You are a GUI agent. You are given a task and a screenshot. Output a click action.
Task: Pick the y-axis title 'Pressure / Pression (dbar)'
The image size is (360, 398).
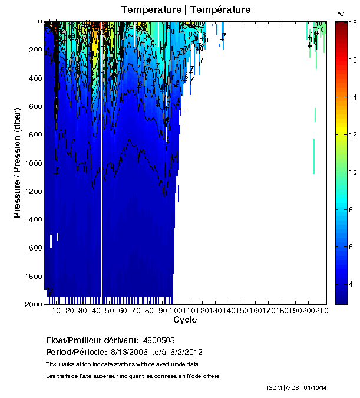pos(17,163)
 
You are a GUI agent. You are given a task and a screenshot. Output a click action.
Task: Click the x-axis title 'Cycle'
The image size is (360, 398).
pos(185,320)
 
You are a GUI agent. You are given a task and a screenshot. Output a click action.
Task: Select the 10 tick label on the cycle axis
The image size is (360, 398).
pos(56,311)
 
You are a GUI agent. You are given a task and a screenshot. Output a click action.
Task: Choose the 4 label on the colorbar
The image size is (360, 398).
pos(352,285)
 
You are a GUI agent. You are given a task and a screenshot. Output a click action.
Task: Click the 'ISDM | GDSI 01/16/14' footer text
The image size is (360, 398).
pos(296,387)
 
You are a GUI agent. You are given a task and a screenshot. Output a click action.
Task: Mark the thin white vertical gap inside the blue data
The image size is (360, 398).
pos(101,177)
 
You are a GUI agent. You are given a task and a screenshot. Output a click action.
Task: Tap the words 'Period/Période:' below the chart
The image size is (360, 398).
pos(75,351)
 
